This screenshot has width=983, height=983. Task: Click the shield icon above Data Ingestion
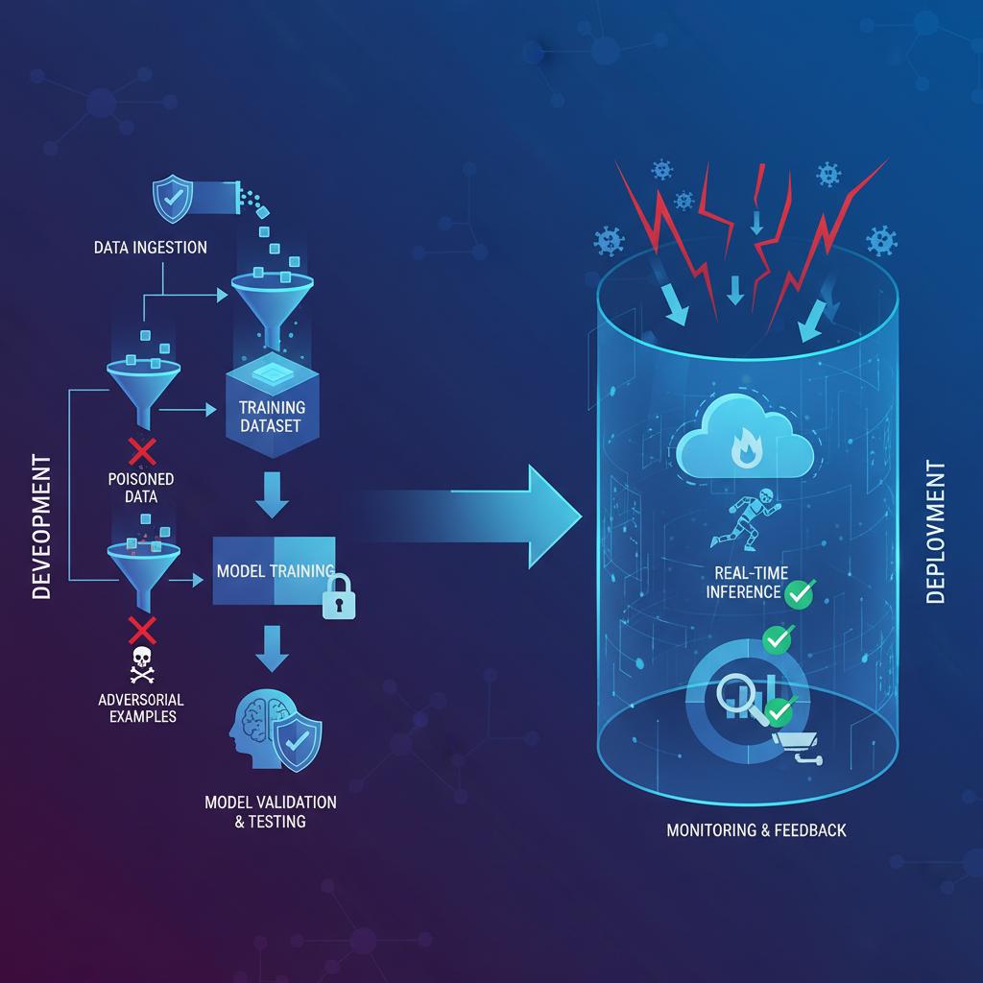(x=174, y=199)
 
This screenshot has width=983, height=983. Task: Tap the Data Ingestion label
(x=151, y=248)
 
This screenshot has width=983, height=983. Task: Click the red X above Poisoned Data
(x=143, y=451)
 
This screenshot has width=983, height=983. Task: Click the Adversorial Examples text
(x=141, y=707)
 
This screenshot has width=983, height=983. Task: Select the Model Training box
(x=274, y=571)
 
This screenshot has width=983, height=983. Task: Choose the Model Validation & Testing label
(x=271, y=811)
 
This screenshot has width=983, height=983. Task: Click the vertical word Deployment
(x=936, y=533)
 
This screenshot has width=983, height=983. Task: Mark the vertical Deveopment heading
(x=41, y=528)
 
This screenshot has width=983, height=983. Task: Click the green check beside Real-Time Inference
(x=799, y=593)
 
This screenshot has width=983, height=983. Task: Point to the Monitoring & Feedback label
(x=756, y=829)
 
